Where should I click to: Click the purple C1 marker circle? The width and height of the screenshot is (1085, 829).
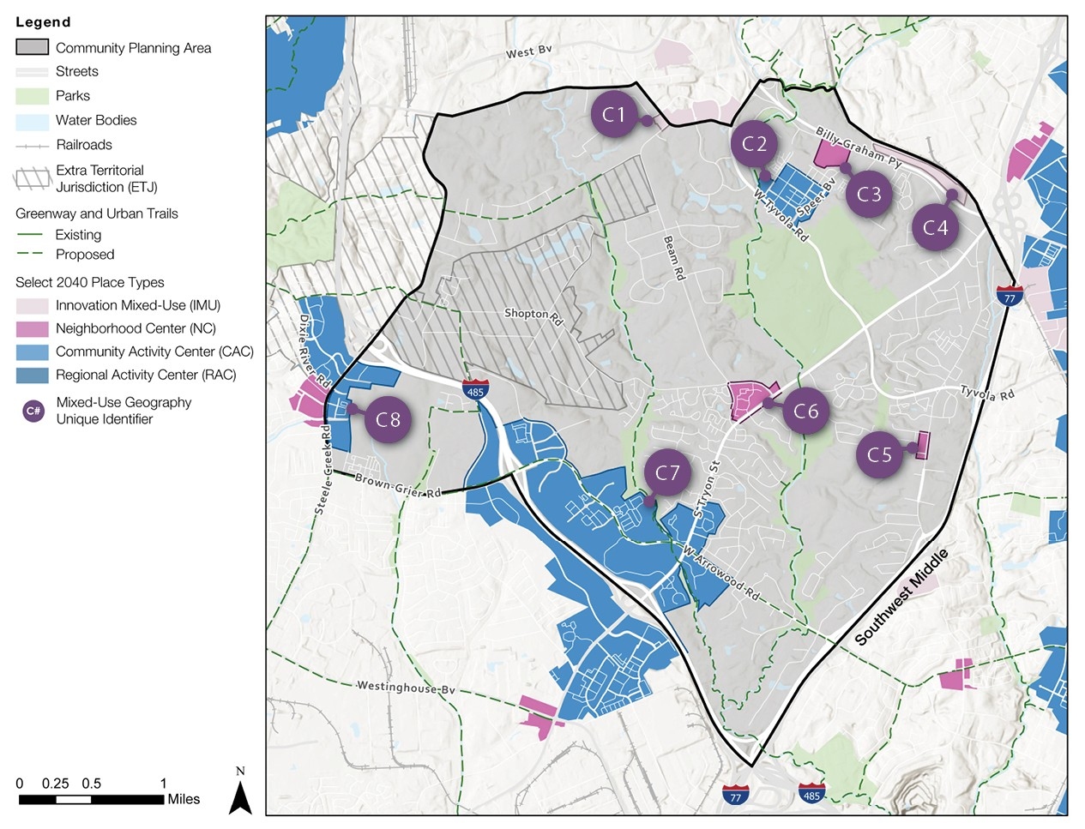(614, 114)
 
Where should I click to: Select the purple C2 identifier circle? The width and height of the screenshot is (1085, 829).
(754, 143)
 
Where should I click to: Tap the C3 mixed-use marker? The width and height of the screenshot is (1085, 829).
(869, 195)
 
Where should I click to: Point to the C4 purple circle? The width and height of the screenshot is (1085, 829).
(935, 227)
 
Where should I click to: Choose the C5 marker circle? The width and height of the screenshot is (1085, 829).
(879, 454)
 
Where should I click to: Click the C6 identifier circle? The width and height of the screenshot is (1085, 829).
(805, 411)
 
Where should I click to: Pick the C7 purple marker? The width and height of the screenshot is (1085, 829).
(667, 472)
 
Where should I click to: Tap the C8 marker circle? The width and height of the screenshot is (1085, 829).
(388, 419)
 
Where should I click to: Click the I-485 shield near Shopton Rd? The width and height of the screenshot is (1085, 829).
(475, 389)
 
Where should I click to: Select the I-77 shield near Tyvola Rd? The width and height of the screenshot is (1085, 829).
(1009, 296)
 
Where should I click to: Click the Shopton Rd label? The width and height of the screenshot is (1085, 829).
(533, 316)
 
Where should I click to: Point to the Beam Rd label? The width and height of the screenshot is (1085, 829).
(675, 257)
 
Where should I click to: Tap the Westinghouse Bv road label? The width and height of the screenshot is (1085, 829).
(406, 687)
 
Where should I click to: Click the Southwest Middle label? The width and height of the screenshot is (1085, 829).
(901, 597)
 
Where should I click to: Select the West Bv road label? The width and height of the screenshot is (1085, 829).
(528, 52)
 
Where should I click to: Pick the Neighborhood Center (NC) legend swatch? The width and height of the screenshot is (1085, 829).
(32, 328)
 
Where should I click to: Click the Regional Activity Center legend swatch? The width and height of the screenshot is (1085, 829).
(32, 375)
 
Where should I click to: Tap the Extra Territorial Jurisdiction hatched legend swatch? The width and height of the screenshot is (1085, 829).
(32, 178)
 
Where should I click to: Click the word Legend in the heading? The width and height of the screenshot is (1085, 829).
(43, 22)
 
